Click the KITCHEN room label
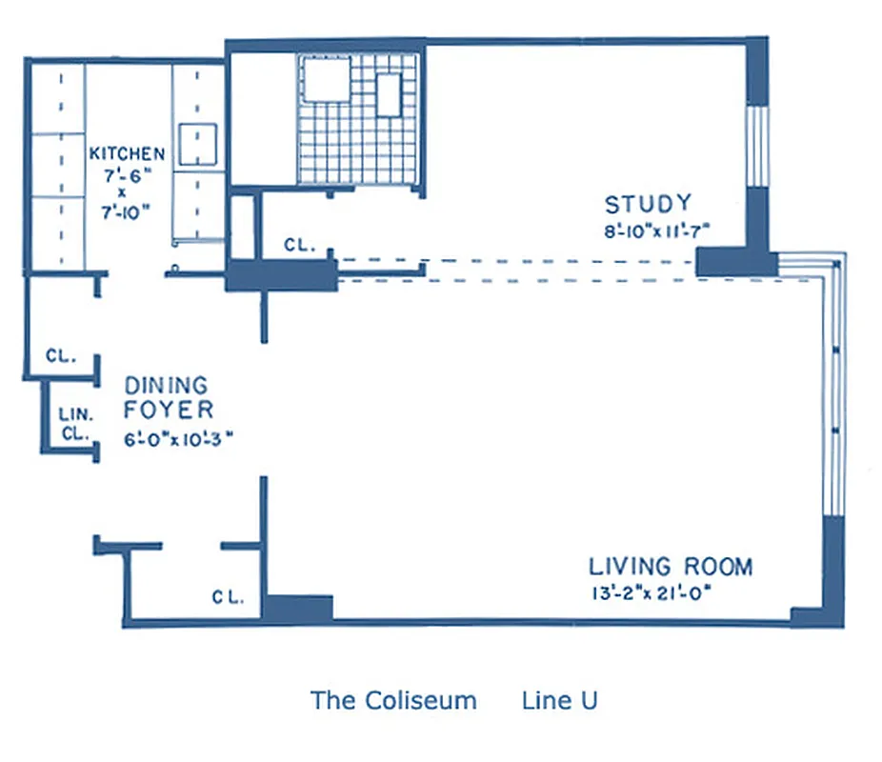(x=127, y=153)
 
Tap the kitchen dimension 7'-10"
(x=127, y=212)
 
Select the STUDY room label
(x=648, y=204)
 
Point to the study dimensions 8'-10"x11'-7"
(x=658, y=229)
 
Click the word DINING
(x=166, y=386)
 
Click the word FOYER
(x=168, y=411)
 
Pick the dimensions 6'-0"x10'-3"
(x=179, y=439)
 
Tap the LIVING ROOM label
(x=671, y=567)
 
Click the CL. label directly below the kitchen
(x=60, y=356)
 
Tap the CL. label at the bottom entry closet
(x=228, y=598)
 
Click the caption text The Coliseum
(x=393, y=701)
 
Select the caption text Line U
(x=560, y=701)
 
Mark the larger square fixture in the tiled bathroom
(x=326, y=77)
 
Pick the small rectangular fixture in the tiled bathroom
(x=390, y=94)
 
